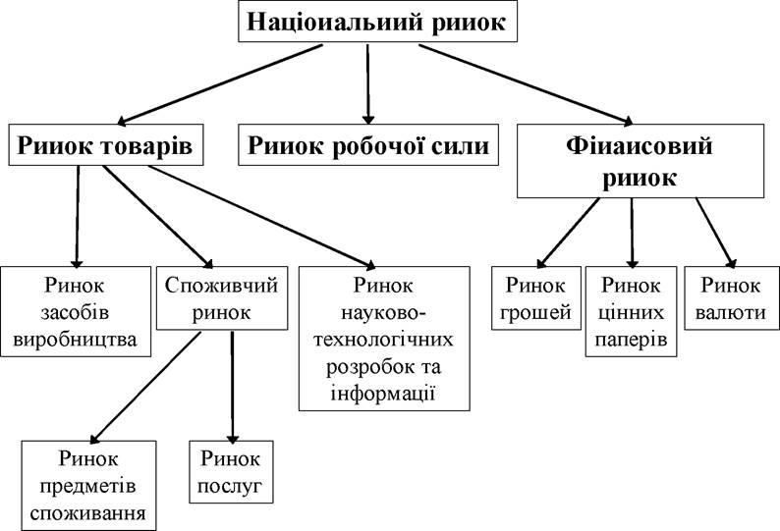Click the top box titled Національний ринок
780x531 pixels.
(378, 22)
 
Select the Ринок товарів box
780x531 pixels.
(106, 144)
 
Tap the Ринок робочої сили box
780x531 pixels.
(368, 144)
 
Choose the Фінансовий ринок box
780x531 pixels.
(641, 161)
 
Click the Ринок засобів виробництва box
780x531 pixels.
(76, 312)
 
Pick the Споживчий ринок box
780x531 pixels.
(222, 298)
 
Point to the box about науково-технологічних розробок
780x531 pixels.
(384, 339)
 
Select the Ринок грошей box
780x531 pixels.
(536, 298)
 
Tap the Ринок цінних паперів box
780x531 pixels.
(632, 312)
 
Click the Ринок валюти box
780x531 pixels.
(731, 298)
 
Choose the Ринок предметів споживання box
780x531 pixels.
(88, 486)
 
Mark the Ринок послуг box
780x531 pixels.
(231, 472)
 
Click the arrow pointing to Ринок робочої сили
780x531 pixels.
(368, 84)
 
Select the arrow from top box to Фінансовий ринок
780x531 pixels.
(526, 84)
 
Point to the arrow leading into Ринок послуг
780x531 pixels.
(232, 388)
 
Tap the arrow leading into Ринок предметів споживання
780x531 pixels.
(144, 388)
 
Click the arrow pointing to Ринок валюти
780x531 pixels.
(716, 234)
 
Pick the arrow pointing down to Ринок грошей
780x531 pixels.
(569, 234)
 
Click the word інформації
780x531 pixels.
(383, 394)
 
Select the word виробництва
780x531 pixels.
(75, 340)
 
